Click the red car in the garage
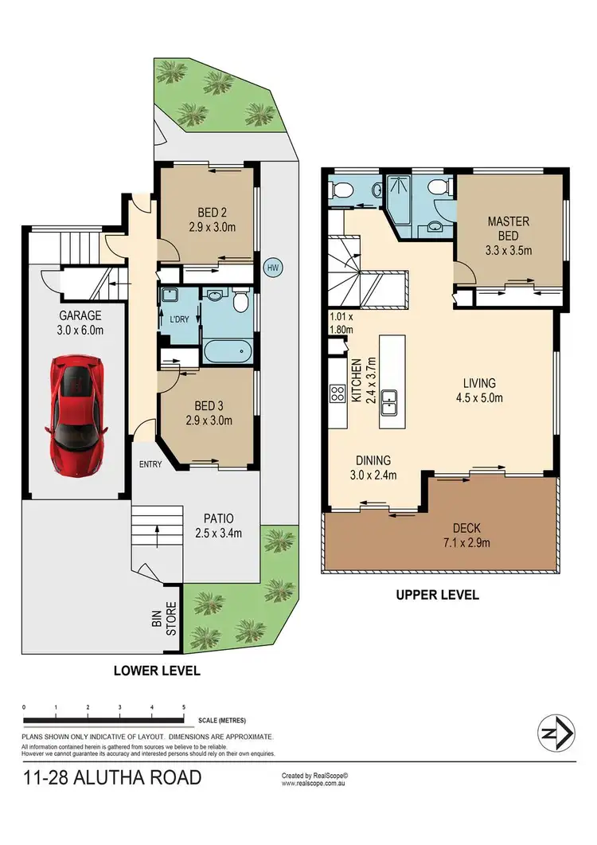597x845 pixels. click(77, 414)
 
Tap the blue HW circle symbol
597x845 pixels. click(273, 267)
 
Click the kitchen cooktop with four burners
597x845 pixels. click(336, 393)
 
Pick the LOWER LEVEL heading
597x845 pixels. click(156, 671)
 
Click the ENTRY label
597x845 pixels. click(150, 464)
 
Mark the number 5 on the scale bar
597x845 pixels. click(184, 707)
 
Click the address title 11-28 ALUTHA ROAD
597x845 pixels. click(111, 777)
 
